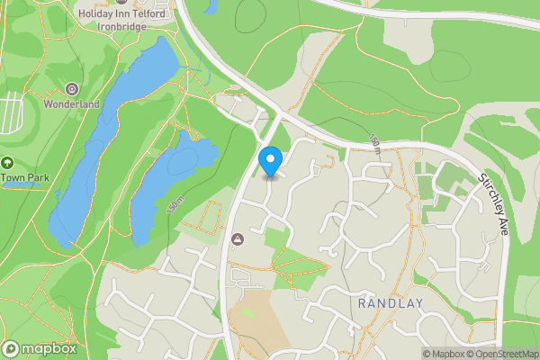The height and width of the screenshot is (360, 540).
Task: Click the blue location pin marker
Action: click(x=270, y=161)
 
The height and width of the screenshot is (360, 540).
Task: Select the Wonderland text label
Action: click(x=72, y=104)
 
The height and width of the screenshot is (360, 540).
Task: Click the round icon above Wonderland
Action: click(x=72, y=89)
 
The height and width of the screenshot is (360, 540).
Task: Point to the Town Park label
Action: click(x=23, y=177)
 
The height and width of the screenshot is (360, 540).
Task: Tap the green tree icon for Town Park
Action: click(x=7, y=163)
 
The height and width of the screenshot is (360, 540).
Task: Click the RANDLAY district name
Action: click(x=390, y=303)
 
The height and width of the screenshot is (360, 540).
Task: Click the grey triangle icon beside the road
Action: click(x=238, y=238)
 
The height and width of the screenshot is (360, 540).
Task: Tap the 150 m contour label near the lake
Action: click(x=175, y=206)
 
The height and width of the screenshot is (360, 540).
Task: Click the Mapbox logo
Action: click(x=40, y=348)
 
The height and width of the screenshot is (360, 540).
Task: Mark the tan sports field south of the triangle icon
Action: click(x=256, y=315)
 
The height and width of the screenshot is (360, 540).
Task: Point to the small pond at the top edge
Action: click(x=211, y=6)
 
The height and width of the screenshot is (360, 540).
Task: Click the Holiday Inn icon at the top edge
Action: click(x=121, y=3)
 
